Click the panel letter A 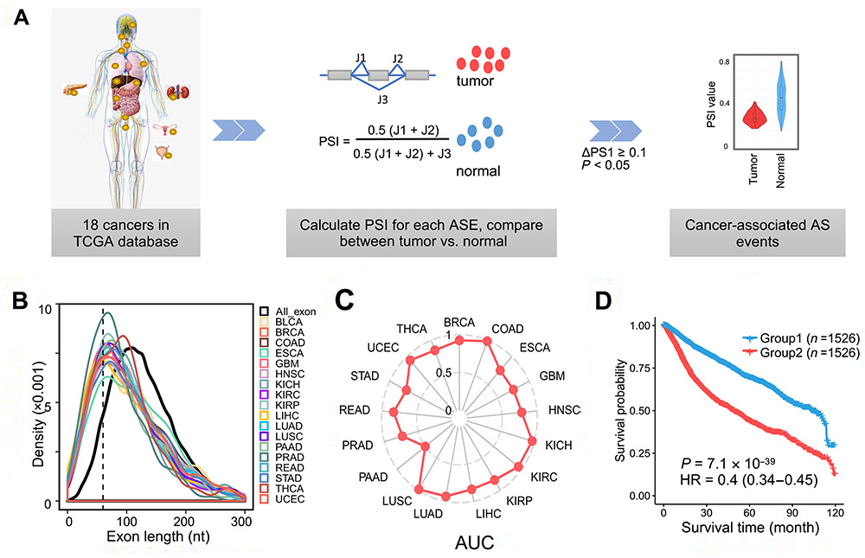19,18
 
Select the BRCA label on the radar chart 458,321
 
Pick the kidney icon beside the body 178,95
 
